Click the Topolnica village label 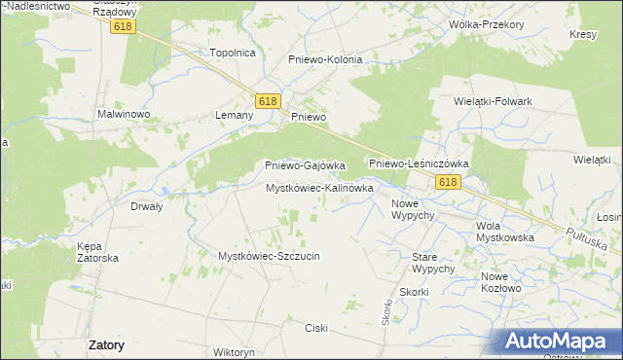point(233,53)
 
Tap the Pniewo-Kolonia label point(325,59)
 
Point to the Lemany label point(234,115)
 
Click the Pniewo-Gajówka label point(306,165)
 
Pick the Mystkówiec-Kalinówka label point(319,188)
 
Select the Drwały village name point(146,206)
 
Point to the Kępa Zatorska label point(97,252)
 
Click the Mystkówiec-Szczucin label point(269,256)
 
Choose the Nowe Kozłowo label point(501,282)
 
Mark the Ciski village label point(317,327)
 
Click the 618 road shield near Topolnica point(122,27)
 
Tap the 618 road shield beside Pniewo point(269,101)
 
